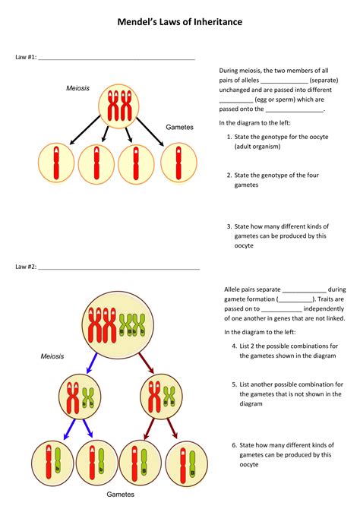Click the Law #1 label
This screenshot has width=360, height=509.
point(26,57)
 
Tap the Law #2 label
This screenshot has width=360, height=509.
point(26,267)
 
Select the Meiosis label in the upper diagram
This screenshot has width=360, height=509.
point(77,88)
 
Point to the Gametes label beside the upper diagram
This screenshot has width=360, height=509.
point(179,127)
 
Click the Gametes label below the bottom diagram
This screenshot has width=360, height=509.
point(121,494)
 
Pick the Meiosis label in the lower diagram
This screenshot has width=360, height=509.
point(52,356)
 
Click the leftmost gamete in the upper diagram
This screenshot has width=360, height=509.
point(56,163)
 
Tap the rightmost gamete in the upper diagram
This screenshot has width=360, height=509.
point(178,163)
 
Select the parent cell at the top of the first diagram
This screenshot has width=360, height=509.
point(118,106)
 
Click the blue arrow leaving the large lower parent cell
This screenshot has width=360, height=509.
point(92,363)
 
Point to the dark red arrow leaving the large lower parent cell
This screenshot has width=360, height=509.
point(146,363)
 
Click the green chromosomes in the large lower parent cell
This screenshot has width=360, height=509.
point(132,324)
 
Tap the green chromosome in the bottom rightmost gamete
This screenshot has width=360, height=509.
point(192,463)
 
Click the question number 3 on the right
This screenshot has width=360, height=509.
point(229,226)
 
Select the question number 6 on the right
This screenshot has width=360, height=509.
point(235,445)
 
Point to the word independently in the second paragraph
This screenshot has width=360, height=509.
point(324,308)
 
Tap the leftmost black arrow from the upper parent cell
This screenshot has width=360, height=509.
point(85,130)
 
